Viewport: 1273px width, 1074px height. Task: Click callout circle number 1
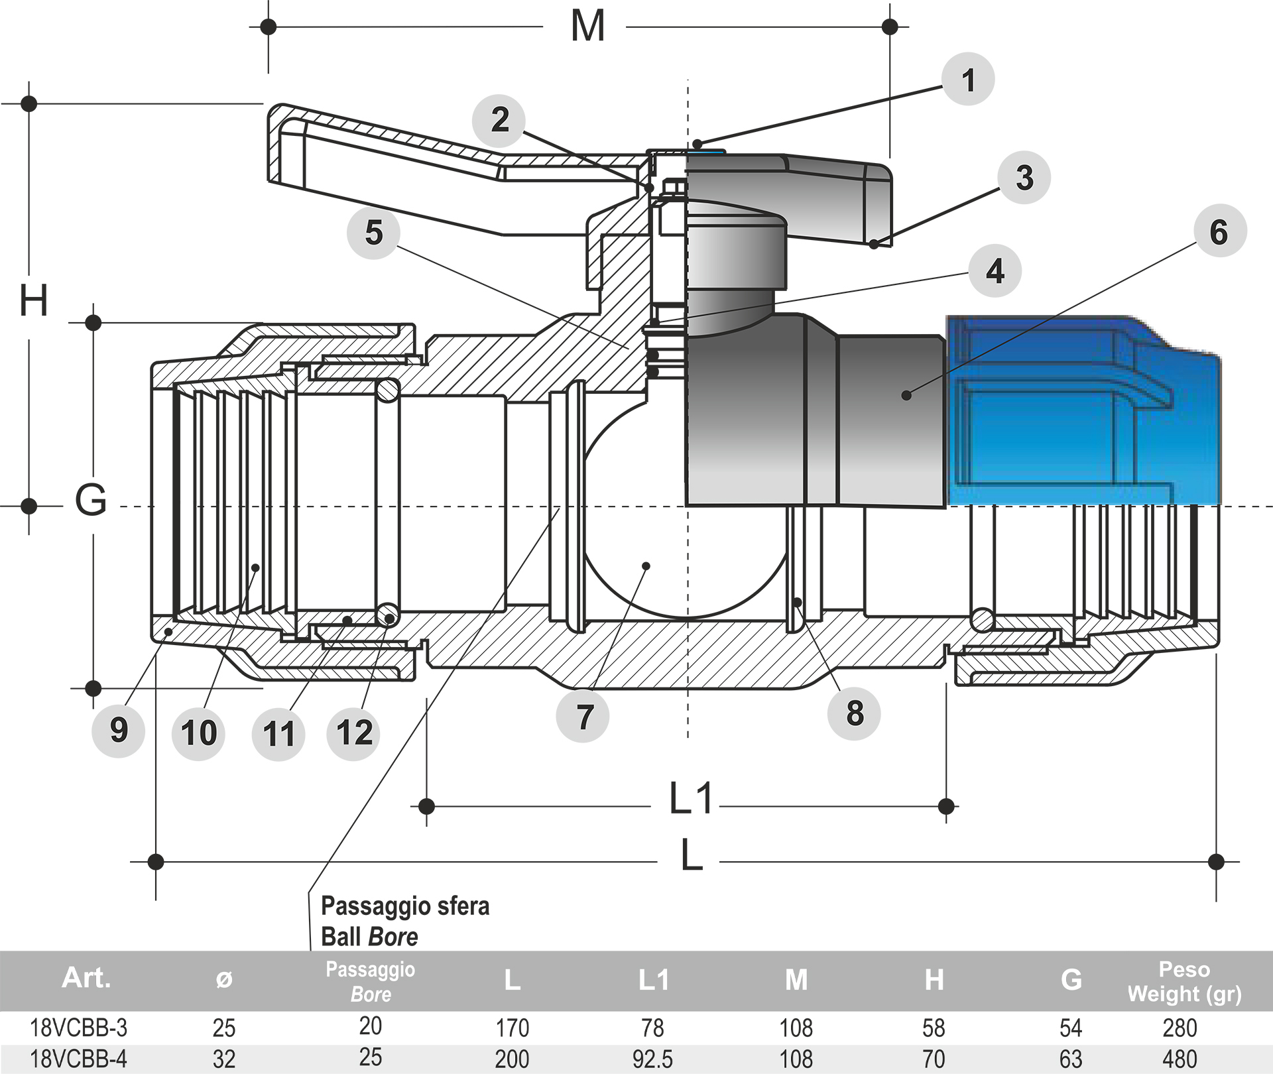968,80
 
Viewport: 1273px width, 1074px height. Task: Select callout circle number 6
1219,231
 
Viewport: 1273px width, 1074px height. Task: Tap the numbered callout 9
119,730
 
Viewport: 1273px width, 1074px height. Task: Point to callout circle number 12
354,733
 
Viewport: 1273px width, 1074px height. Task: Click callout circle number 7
583,717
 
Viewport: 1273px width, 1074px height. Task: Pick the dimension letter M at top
587,27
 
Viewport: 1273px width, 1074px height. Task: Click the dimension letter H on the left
33,300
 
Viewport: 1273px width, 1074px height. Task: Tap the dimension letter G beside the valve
91,499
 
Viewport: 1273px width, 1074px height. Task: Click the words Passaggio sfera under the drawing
405,906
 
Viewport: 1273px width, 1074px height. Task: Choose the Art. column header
86,979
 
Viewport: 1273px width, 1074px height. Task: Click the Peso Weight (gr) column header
1184,982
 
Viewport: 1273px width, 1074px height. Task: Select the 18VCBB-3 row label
78,1028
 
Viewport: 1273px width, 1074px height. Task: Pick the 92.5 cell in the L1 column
652,1059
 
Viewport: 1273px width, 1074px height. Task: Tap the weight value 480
1180,1059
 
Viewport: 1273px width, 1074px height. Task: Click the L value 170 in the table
512,1028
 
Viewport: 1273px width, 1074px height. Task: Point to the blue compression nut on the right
1084,411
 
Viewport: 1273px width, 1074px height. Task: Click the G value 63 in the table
1070,1059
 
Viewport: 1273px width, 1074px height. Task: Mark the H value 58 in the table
934,1028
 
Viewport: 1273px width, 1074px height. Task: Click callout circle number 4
995,271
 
